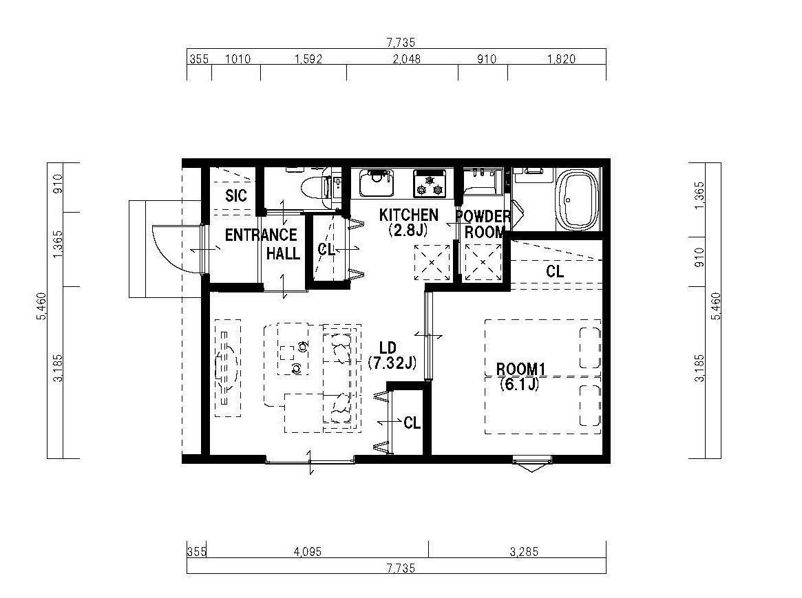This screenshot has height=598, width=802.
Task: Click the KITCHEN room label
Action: [409, 215]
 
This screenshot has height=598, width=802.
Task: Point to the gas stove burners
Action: [430, 184]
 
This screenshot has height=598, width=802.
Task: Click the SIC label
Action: [236, 195]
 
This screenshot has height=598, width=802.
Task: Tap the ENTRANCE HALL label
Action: [262, 244]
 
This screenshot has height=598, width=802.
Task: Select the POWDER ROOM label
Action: [483, 224]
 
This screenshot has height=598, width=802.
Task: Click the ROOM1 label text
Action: [521, 369]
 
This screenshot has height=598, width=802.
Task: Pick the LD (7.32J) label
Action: [392, 356]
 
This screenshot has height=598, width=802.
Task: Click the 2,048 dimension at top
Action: [407, 58]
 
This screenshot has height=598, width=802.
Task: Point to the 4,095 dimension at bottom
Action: [308, 551]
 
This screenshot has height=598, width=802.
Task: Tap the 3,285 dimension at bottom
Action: [525, 551]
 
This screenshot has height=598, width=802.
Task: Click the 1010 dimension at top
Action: [238, 58]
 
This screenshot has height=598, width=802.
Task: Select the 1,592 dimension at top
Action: [308, 58]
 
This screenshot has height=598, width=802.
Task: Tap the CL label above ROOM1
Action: [555, 271]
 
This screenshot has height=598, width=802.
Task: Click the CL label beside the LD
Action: [412, 423]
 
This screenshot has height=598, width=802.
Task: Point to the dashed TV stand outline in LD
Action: [228, 368]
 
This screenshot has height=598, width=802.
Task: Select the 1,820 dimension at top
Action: [562, 58]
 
